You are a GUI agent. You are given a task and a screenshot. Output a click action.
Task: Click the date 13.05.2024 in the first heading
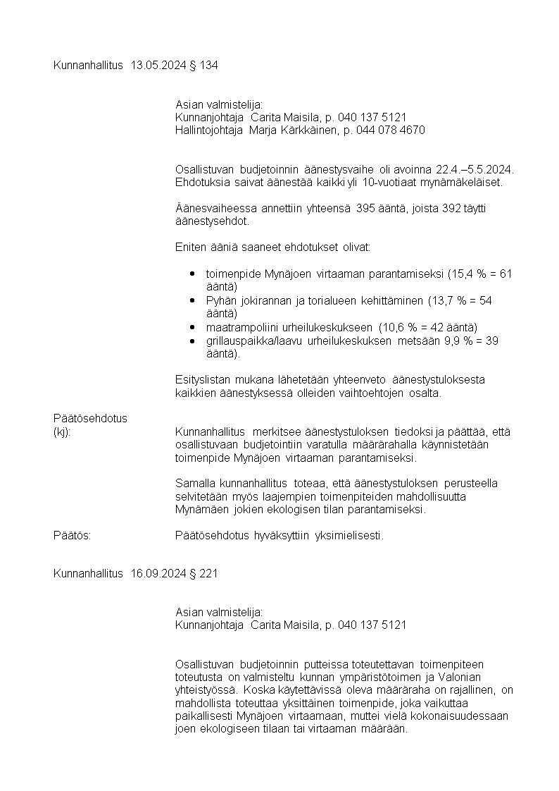click(x=158, y=66)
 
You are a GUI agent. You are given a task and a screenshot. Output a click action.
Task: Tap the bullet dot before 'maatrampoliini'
click(x=192, y=327)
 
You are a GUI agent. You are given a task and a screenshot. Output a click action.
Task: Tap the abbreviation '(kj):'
click(x=62, y=431)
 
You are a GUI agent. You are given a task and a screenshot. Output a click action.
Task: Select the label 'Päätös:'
click(x=72, y=536)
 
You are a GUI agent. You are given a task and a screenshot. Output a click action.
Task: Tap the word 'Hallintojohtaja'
click(x=209, y=130)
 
